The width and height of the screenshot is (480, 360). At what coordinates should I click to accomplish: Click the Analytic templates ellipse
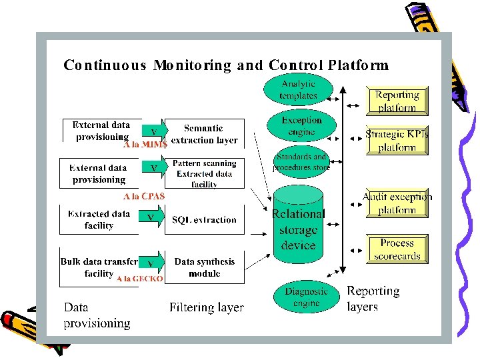pos(298,90)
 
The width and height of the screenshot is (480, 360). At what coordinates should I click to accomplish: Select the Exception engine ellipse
pos(301,125)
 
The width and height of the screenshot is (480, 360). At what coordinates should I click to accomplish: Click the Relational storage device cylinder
pos(298,227)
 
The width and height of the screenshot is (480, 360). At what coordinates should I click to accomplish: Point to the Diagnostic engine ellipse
pos(306,297)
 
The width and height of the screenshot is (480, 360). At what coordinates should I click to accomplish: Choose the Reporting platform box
pos(397,101)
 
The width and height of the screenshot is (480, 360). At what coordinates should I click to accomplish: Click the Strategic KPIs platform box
pos(397,141)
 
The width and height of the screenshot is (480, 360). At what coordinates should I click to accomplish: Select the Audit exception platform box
pos(397,203)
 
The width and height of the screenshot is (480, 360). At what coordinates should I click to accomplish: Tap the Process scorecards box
pos(397,250)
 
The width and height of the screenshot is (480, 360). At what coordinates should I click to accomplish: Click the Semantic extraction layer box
pos(204,134)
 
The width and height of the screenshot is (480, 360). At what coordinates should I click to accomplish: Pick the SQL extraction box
pos(204,220)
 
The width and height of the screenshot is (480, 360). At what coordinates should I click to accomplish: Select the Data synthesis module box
pos(204,267)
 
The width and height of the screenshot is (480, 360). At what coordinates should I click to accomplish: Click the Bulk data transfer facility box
pos(99,267)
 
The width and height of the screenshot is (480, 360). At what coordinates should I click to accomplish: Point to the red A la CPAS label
pos(144,197)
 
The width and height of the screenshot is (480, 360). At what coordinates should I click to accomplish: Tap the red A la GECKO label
pos(140,279)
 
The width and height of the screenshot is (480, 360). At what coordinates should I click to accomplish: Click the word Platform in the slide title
pos(355,65)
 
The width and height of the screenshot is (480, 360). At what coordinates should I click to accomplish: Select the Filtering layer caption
pos(206,308)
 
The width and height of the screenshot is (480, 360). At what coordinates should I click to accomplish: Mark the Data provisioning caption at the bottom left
pos(97,315)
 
